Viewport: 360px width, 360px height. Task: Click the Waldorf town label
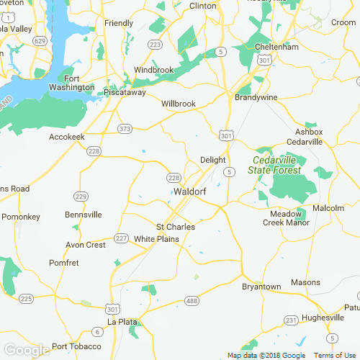(x=190, y=192)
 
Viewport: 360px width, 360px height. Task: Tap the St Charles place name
(x=176, y=227)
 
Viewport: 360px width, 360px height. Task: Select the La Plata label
(x=121, y=321)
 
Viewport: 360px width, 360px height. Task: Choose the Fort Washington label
(x=79, y=83)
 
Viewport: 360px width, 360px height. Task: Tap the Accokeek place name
(x=67, y=136)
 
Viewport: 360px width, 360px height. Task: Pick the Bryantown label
(x=261, y=287)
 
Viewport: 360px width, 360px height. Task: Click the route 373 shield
(x=125, y=129)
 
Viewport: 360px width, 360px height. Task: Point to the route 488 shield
(x=191, y=300)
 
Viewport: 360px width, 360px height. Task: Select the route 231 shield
(x=291, y=320)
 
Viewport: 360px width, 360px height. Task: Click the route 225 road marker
(x=27, y=298)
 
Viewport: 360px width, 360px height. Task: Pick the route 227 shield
(x=121, y=238)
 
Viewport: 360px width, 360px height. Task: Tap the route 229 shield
(x=81, y=197)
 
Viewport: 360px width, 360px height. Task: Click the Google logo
(x=26, y=351)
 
